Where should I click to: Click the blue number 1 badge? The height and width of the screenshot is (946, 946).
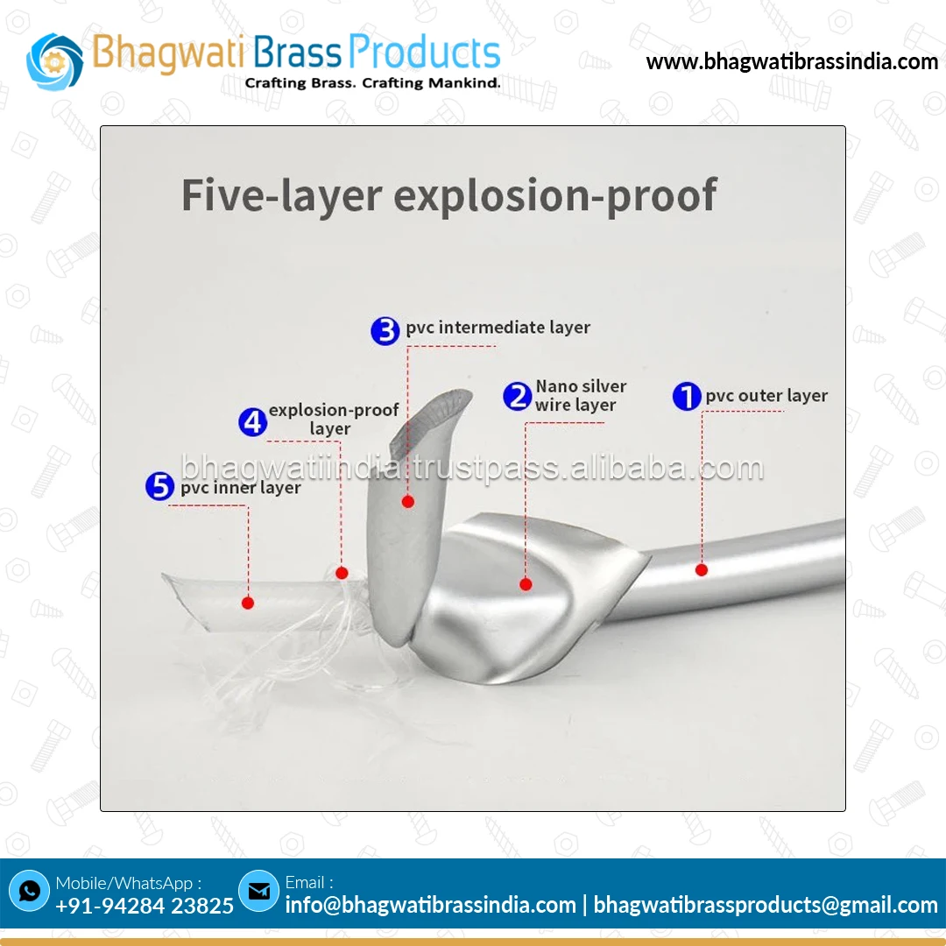pyautogui.click(x=687, y=396)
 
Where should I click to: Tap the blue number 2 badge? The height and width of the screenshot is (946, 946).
pyautogui.click(x=517, y=396)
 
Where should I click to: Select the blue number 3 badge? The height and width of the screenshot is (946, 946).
pyautogui.click(x=385, y=330)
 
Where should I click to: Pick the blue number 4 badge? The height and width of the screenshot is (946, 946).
pyautogui.click(x=253, y=422)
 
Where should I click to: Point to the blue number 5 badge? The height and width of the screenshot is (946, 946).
pyautogui.click(x=160, y=486)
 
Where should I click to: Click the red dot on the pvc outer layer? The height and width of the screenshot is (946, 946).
pyautogui.click(x=702, y=570)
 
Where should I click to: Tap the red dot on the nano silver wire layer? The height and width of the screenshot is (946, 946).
pyautogui.click(x=526, y=584)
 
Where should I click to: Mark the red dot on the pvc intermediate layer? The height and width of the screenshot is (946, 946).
pyautogui.click(x=407, y=502)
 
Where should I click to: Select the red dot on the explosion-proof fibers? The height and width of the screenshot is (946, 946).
pyautogui.click(x=342, y=573)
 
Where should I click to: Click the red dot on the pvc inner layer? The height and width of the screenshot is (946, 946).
pyautogui.click(x=248, y=603)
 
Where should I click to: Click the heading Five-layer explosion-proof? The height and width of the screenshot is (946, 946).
pyautogui.click(x=448, y=194)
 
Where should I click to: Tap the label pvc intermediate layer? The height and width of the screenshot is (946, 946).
pyautogui.click(x=498, y=328)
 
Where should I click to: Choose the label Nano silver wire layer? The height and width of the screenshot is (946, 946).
pyautogui.click(x=581, y=396)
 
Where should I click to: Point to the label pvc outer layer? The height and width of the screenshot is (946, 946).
pyautogui.click(x=766, y=396)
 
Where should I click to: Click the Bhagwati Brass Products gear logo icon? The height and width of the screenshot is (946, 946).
pyautogui.click(x=54, y=60)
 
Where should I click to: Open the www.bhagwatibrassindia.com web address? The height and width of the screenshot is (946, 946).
pyautogui.click(x=792, y=62)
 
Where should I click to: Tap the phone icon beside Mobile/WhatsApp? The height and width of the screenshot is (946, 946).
pyautogui.click(x=30, y=891)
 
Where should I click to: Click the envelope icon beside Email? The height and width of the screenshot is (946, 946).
pyautogui.click(x=258, y=891)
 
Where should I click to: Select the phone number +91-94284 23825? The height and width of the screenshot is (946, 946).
pyautogui.click(x=145, y=906)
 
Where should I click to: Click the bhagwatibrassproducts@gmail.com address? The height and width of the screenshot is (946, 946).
pyautogui.click(x=766, y=905)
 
